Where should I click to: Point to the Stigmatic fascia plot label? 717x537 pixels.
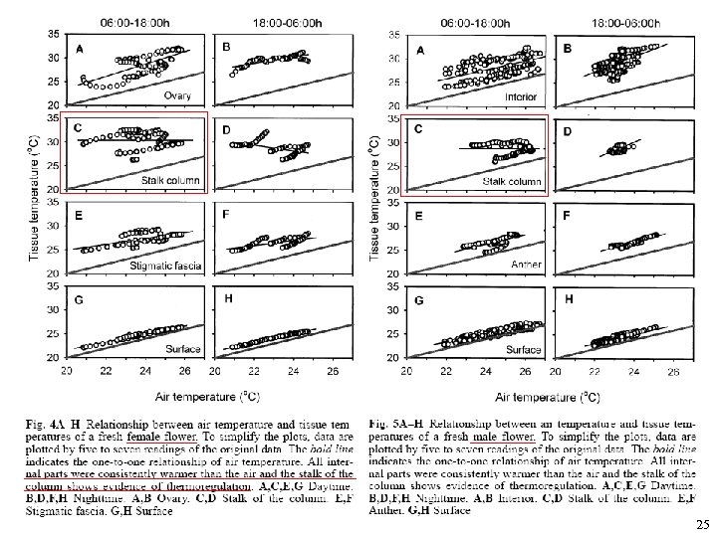point(165,266)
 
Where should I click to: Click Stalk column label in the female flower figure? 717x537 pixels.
point(170,180)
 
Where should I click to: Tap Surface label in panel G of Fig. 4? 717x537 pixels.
point(183,349)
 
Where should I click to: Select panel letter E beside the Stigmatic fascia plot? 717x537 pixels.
point(78,216)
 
